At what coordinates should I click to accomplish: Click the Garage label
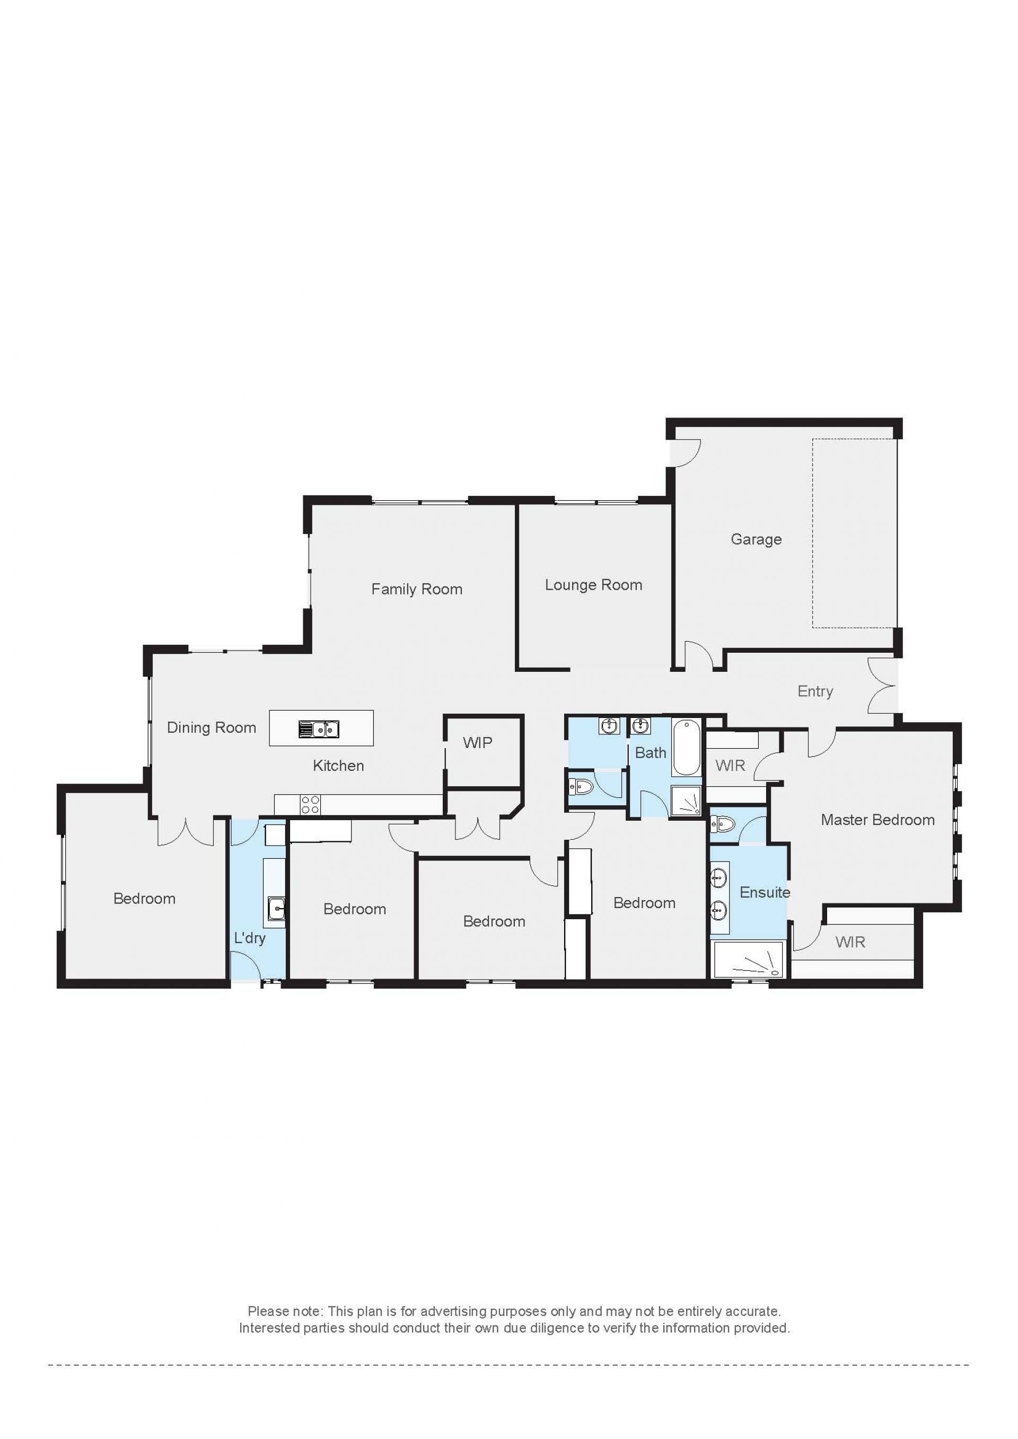756,539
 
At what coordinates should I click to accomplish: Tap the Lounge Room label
593,585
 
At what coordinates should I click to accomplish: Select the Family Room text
417,589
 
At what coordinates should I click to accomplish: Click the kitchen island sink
319,729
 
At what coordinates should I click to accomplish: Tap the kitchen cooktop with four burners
310,805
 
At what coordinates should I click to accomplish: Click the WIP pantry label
477,743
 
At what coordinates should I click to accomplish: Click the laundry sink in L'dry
276,907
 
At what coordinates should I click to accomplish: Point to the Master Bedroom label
877,820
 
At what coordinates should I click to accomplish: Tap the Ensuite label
765,892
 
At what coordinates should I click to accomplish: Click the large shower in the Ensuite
749,959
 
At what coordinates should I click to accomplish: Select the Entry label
815,691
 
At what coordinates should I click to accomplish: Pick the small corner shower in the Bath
686,802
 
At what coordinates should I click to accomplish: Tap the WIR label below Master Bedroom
850,942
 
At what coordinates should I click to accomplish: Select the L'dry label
250,938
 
